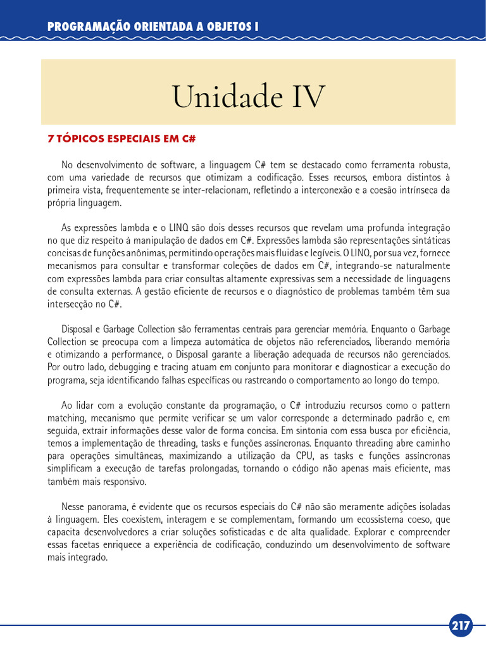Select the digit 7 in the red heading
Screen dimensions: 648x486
pyautogui.click(x=51, y=137)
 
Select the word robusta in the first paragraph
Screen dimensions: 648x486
pyautogui.click(x=435, y=165)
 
